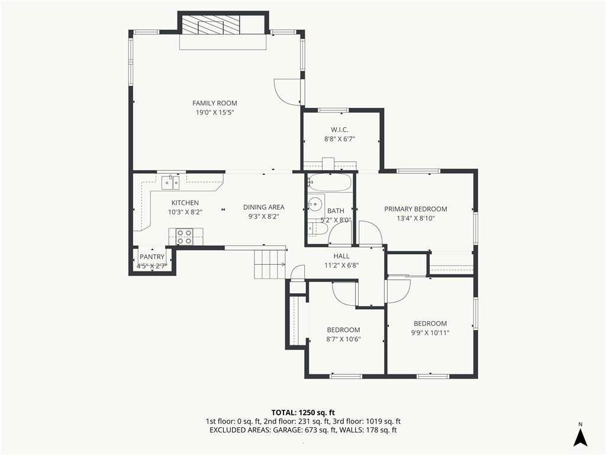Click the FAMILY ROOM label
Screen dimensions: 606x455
214,103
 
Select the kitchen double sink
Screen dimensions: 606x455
170,182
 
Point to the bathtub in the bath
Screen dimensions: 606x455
330,182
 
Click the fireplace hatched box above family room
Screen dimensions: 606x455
211,25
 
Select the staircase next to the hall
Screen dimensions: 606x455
269,264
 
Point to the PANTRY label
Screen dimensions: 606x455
152,257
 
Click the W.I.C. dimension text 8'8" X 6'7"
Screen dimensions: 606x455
339,139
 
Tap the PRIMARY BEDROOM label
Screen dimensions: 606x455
415,209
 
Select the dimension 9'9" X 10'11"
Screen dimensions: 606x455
430,333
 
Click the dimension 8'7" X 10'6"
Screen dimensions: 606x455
344,339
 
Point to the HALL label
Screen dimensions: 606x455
341,256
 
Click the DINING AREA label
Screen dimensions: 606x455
263,207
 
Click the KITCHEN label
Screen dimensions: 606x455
185,203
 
